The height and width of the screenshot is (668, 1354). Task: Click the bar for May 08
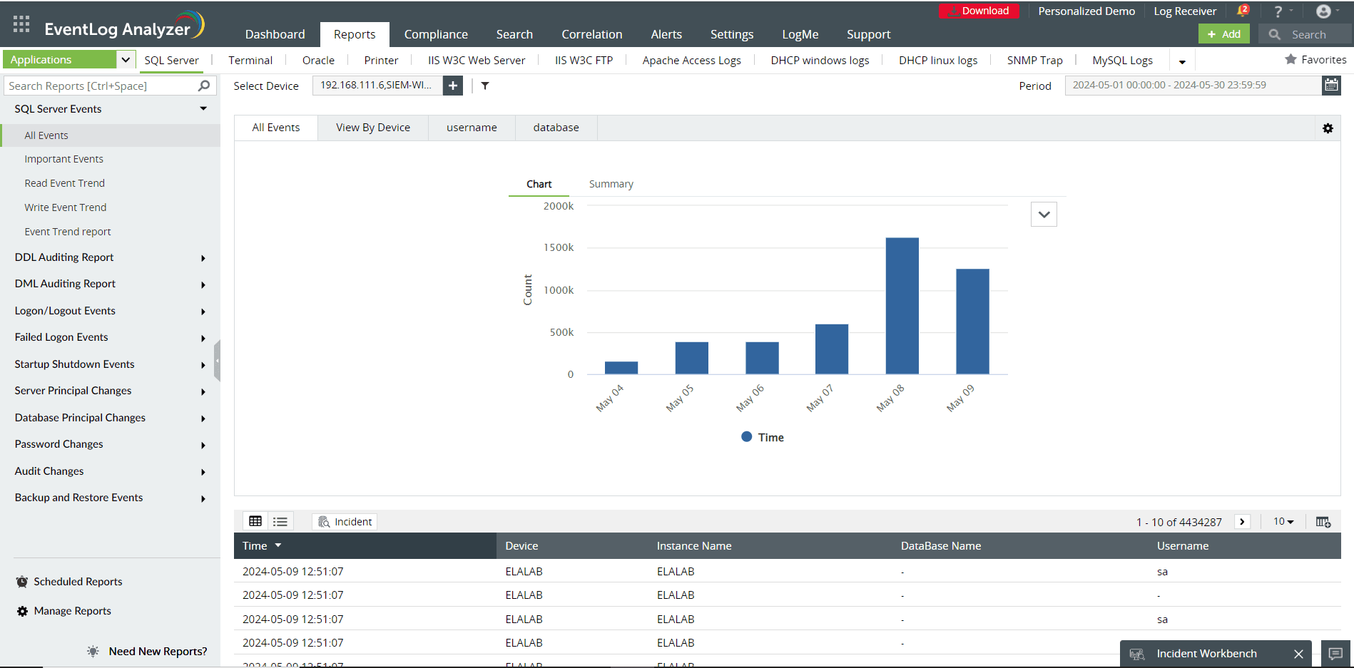(x=902, y=306)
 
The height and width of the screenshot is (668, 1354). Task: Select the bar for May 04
(x=621, y=368)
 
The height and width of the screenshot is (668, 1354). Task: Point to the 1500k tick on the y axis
(x=559, y=247)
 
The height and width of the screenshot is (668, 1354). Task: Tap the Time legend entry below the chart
(x=763, y=437)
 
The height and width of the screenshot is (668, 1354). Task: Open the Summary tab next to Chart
(x=611, y=184)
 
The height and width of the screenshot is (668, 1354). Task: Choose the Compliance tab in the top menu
(x=436, y=34)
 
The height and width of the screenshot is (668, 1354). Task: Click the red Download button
(x=979, y=11)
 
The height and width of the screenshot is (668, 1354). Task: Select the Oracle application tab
(x=318, y=61)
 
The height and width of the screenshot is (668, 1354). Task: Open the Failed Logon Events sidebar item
(x=61, y=337)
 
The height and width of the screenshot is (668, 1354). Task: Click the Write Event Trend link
(x=66, y=207)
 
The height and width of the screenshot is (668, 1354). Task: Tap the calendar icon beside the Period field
(x=1331, y=86)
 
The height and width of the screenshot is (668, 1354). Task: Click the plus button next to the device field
(x=453, y=86)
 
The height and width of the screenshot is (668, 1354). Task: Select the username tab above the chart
(x=472, y=128)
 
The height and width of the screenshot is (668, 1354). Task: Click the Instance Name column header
(x=694, y=546)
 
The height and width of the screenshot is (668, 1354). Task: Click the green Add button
(x=1223, y=34)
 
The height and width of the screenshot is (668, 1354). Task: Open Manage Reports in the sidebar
(x=72, y=611)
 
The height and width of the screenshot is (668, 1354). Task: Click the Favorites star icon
(x=1291, y=60)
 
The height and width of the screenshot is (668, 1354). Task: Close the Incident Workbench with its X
(x=1298, y=654)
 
